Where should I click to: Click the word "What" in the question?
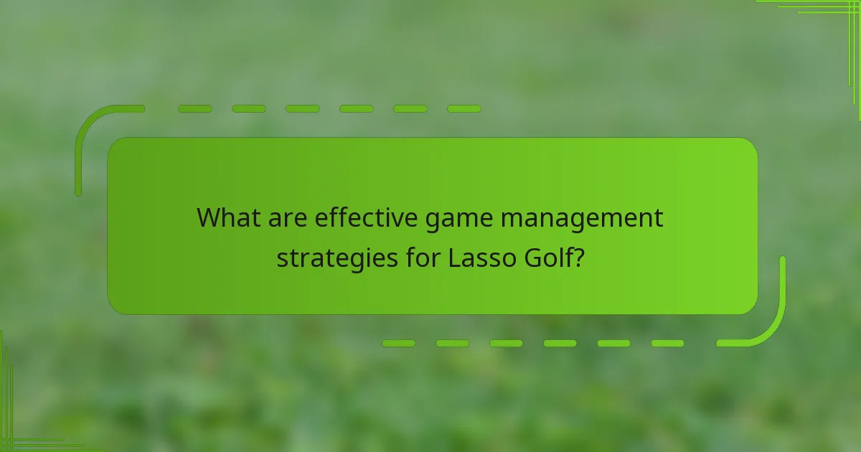tap(224, 217)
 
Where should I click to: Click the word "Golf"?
tap(543, 257)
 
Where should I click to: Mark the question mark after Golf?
tap(575, 257)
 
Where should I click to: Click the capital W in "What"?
tap(210, 217)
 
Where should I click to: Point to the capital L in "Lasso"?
tap(453, 257)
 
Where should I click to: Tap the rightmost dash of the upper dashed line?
tap(464, 109)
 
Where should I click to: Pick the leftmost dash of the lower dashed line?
tap(398, 344)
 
